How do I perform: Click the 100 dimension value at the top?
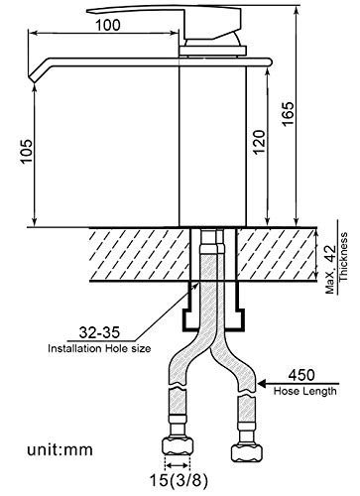pos(108,25)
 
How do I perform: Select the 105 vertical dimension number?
pos(27,151)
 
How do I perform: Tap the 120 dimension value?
pos(260,142)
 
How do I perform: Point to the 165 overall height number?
pos(288,114)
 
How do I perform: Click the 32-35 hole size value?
pos(99,332)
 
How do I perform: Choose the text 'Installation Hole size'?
pos(99,348)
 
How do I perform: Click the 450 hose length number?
pos(301,375)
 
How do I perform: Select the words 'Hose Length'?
pos(305,391)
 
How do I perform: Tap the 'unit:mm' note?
pos(60,450)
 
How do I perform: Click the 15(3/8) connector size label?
pos(179,481)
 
